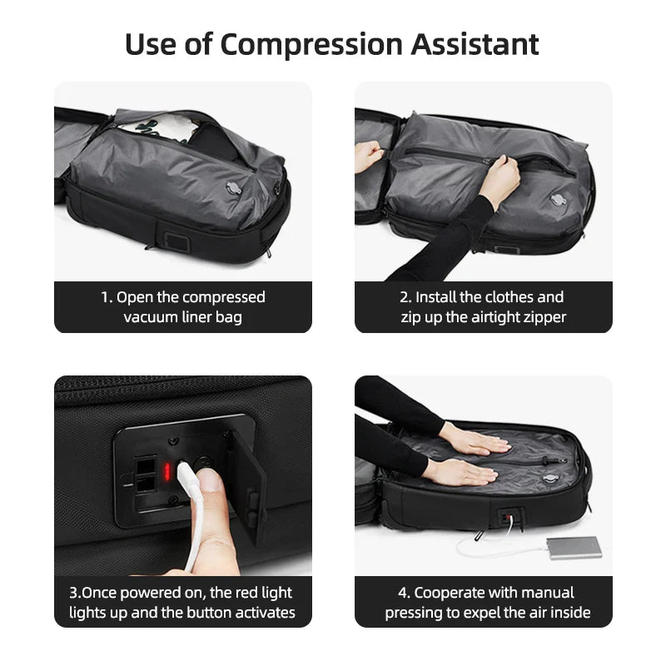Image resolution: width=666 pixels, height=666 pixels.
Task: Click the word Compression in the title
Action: click(x=301, y=43)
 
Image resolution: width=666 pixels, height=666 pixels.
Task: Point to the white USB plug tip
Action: click(x=185, y=476)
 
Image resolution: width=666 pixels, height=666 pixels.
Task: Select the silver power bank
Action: click(x=574, y=547)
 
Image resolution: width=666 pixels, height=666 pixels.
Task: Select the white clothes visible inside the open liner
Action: click(x=179, y=128)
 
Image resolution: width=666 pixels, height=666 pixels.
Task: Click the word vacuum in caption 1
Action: click(x=151, y=317)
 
